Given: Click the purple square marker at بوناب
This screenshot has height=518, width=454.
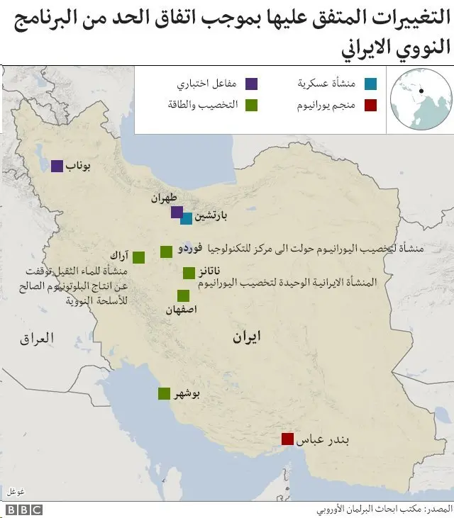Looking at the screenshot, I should click(x=57, y=166).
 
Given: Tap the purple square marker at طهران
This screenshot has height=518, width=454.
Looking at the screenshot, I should click(x=177, y=213).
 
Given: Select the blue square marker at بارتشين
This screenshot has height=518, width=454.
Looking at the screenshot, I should click(x=186, y=219).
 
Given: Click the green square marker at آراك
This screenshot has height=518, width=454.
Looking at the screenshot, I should click(x=139, y=257).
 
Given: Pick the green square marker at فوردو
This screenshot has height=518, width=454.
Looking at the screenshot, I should click(x=166, y=251).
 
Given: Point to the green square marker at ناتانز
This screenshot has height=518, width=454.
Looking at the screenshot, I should click(x=189, y=273).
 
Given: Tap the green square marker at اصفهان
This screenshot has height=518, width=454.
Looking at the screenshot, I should click(x=183, y=295).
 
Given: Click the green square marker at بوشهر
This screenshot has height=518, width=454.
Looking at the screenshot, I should click(x=164, y=394).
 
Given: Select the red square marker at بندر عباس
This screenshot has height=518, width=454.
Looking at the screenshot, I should click(x=287, y=439).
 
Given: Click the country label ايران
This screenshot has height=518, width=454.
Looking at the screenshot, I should click(x=246, y=338).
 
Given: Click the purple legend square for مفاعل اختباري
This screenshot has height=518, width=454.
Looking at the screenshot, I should click(x=251, y=84).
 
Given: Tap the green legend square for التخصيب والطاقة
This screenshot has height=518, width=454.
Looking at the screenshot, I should click(x=251, y=106).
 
